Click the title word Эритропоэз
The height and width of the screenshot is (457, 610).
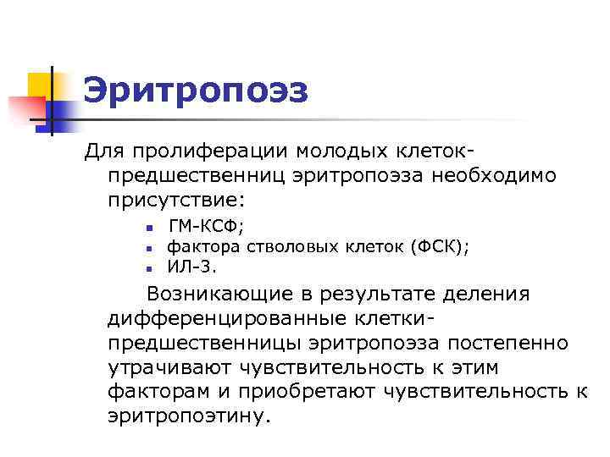click(x=196, y=91)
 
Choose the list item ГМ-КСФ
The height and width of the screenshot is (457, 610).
click(x=206, y=226)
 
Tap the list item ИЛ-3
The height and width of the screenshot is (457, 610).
click(x=191, y=267)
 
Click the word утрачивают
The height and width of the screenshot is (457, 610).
click(x=171, y=369)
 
